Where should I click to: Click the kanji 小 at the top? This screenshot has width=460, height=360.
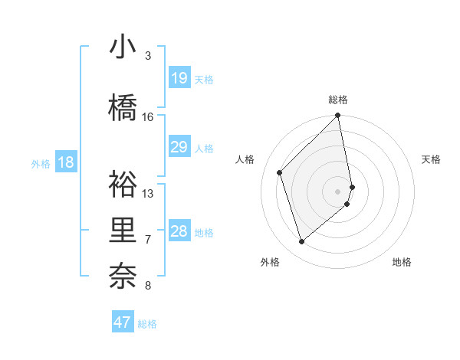122,48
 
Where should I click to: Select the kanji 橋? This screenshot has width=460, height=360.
122,109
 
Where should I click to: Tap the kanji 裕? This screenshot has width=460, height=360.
122,184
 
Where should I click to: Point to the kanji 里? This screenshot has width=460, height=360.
122,231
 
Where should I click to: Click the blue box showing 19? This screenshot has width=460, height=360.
179,78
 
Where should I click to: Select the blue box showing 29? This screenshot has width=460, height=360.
179,147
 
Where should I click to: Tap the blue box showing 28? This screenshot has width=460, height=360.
179,231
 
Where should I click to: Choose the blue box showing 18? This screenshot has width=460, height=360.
65,162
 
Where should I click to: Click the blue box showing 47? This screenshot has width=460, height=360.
123,322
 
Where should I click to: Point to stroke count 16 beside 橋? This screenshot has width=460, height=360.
148,117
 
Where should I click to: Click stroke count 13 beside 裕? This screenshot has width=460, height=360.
148,193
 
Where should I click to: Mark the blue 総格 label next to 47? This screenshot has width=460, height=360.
147,324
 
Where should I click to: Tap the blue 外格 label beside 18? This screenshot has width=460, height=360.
41,163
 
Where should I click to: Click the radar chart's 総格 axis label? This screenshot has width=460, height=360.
338,100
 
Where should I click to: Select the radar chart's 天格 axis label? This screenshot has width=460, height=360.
431,159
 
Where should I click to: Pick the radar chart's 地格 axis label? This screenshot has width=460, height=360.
402,262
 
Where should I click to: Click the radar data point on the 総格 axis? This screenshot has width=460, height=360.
338,116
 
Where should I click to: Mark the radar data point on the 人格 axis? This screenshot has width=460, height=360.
280,172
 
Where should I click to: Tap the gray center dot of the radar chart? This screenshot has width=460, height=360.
338,191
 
